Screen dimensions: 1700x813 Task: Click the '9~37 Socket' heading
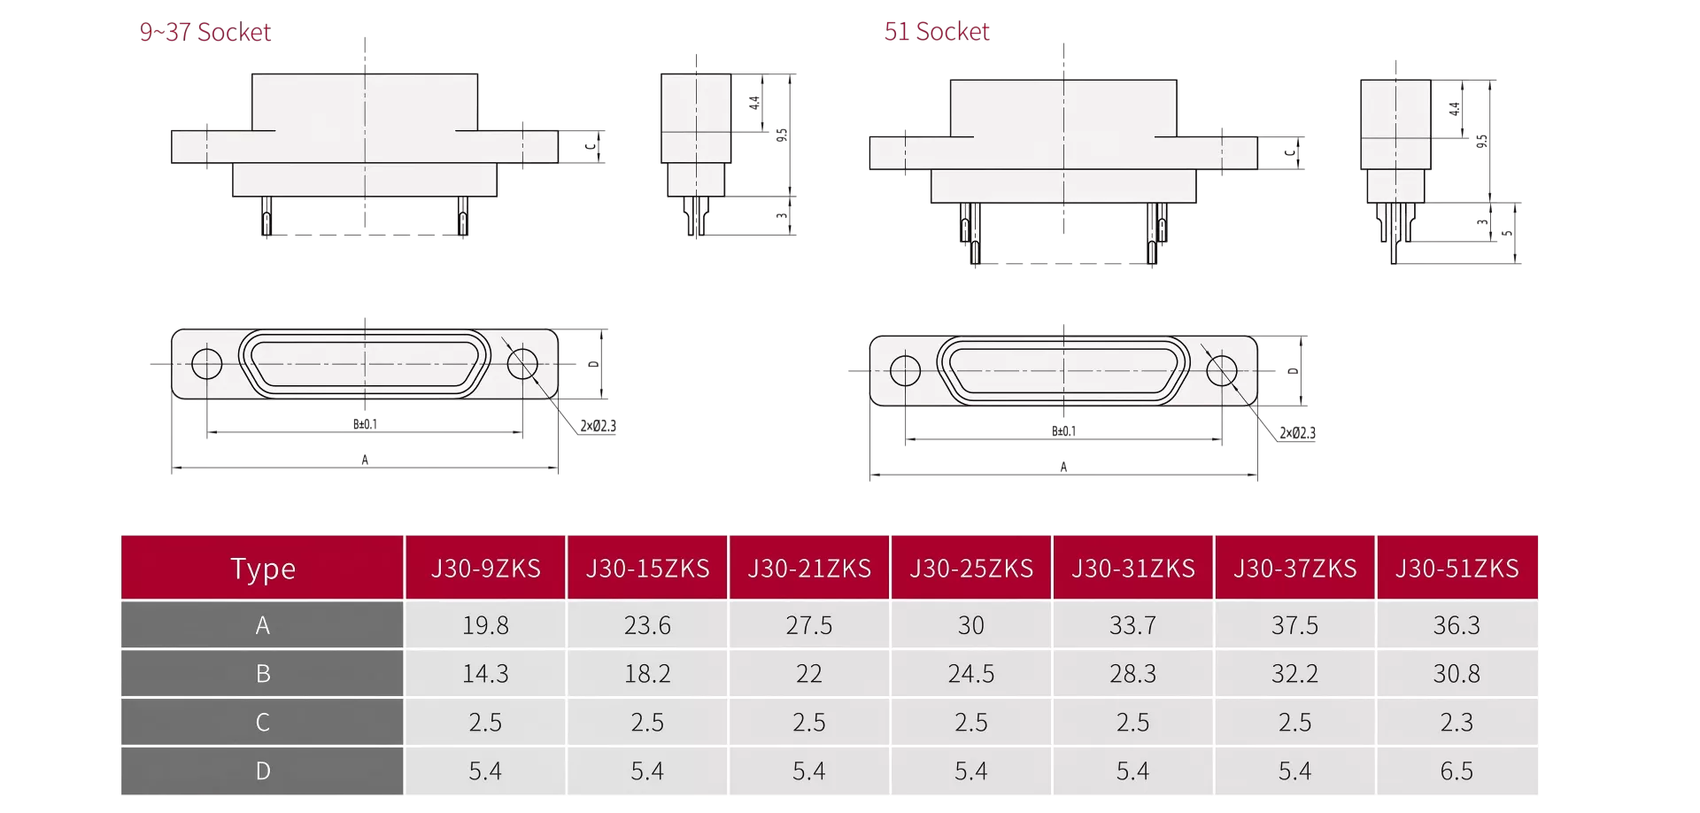pyautogui.click(x=205, y=32)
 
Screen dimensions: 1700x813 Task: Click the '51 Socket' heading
pyautogui.click(x=937, y=32)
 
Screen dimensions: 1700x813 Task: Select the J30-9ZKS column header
pyautogui.click(x=485, y=568)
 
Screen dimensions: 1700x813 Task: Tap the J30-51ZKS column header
pyautogui.click(x=1457, y=568)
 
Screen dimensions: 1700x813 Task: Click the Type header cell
pyautogui.click(x=263, y=568)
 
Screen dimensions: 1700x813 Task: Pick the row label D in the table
pyautogui.click(x=263, y=770)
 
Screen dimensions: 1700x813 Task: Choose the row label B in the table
pyautogui.click(x=263, y=674)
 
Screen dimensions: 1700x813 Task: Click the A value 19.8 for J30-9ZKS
pyautogui.click(x=485, y=625)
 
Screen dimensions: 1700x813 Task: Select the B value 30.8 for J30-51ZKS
pyautogui.click(x=1457, y=674)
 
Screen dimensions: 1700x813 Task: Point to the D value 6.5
pyautogui.click(x=1457, y=770)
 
